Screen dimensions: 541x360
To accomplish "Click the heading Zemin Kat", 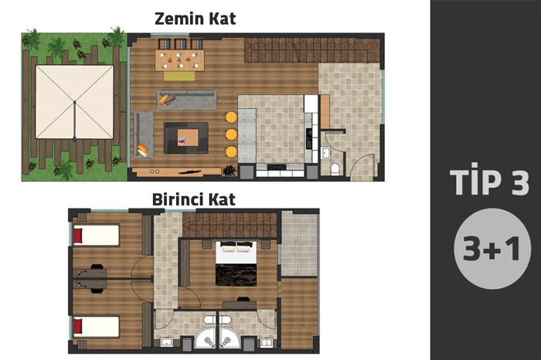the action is tap(195, 19).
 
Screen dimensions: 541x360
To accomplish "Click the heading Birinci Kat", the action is tap(193, 199).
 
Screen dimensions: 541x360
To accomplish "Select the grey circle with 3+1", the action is tap(492, 248).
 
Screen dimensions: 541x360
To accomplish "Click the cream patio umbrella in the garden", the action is tap(74, 102).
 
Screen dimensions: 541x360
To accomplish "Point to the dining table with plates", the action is tap(179, 60).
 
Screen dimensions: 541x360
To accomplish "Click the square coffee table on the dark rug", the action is tap(188, 138).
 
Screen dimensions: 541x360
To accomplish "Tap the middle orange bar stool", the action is tap(231, 134).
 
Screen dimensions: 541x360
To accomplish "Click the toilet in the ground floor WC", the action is tap(335, 169).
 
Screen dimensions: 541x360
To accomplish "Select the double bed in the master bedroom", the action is tap(236, 263).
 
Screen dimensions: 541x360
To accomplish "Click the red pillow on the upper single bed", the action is tap(78, 236).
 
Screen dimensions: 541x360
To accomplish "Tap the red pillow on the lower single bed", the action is tap(78, 326).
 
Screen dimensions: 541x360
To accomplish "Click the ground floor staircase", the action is tap(312, 50).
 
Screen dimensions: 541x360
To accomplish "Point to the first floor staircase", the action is tap(230, 225).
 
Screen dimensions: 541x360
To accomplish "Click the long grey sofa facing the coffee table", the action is tap(187, 100).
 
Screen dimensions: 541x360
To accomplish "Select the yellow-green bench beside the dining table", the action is tap(179, 76).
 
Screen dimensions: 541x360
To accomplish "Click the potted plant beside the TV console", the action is tap(230, 171).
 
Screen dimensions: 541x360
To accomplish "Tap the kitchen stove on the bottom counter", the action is tap(277, 167).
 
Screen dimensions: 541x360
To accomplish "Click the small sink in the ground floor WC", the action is tap(325, 152).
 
